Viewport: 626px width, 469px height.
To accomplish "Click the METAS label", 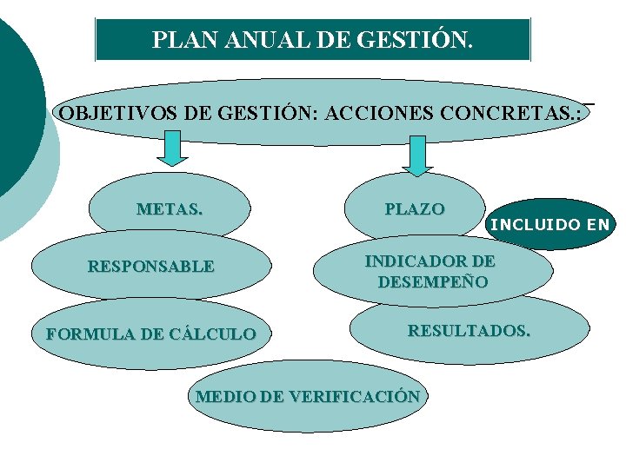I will click(170, 209).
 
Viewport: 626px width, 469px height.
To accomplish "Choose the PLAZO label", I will click(415, 209).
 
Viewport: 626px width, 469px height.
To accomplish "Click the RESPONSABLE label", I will click(151, 267).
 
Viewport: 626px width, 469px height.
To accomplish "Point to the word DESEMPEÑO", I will click(432, 282).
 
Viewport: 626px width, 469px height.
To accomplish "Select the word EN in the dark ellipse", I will click(597, 225).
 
